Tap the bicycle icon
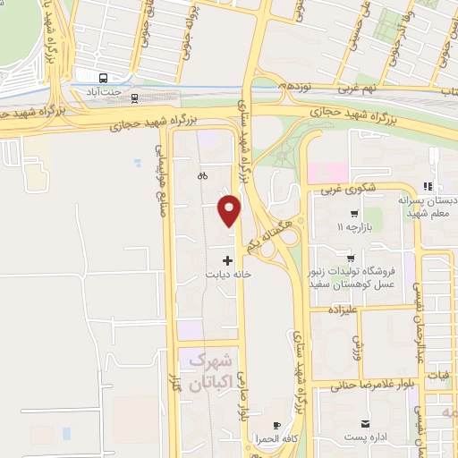pyautogui.click(x=203, y=176)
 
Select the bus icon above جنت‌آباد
pyautogui.click(x=106, y=78)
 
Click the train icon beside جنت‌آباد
pyautogui.click(x=132, y=96)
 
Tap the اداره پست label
pyautogui.click(x=364, y=438)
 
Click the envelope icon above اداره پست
pyautogui.click(x=364, y=423)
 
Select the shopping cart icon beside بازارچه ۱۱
pyautogui.click(x=355, y=215)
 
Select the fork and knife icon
pyautogui.click(x=428, y=186)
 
